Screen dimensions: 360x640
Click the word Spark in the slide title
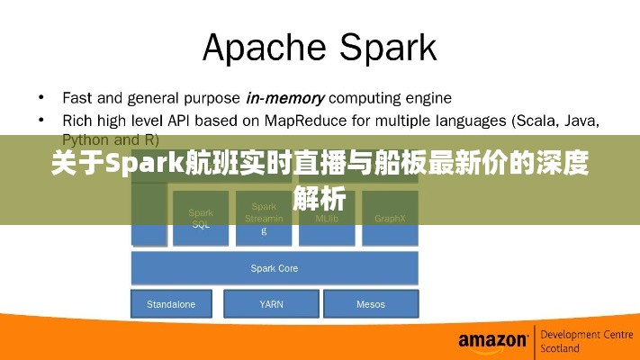coord(388,47)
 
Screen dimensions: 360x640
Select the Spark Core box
coord(275,268)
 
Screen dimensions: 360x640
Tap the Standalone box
coord(171,304)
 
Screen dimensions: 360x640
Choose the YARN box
coord(271,304)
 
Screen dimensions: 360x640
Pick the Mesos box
coord(371,304)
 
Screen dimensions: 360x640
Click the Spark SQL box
coord(201,219)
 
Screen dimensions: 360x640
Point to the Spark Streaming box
coord(264,219)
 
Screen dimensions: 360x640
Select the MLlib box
coord(327,219)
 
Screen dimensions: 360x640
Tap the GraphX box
coord(390,219)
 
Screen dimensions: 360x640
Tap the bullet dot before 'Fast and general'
coord(41,96)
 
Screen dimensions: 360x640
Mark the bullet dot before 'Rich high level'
coord(41,119)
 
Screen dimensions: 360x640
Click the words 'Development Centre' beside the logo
coord(587,334)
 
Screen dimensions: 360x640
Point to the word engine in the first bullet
coord(428,96)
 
